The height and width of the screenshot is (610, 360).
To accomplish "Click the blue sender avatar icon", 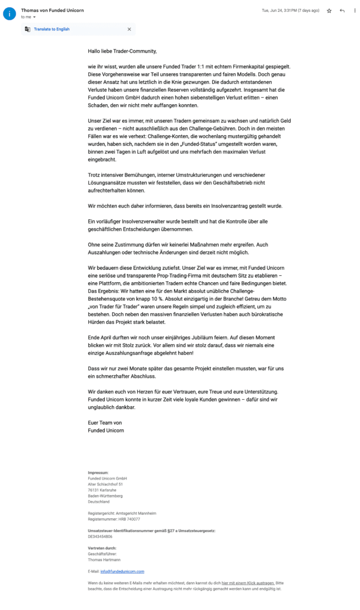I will [x=10, y=13].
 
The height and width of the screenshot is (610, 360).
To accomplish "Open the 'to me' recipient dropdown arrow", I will [x=34, y=17].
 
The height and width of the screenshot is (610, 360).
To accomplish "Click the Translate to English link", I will [x=51, y=29].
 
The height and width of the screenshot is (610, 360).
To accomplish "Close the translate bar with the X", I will [x=129, y=29].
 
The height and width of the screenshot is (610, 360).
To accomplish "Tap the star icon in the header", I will [x=329, y=11].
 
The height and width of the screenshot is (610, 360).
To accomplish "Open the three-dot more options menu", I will [x=355, y=11].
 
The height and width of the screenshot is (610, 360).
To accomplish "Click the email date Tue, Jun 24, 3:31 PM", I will [x=290, y=11].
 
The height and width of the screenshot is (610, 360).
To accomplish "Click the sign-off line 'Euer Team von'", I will [x=105, y=422].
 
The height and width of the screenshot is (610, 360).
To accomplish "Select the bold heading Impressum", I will [x=98, y=472].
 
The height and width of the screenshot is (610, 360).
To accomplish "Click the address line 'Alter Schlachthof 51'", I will [x=105, y=484].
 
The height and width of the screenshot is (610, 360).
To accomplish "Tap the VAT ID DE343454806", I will [x=100, y=536].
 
